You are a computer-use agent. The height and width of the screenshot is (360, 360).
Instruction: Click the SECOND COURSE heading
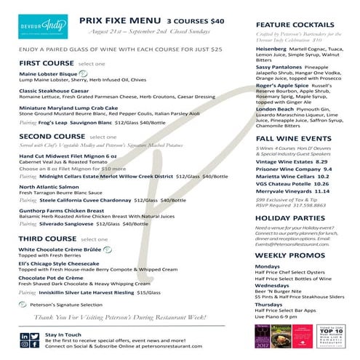coord(51,136)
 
